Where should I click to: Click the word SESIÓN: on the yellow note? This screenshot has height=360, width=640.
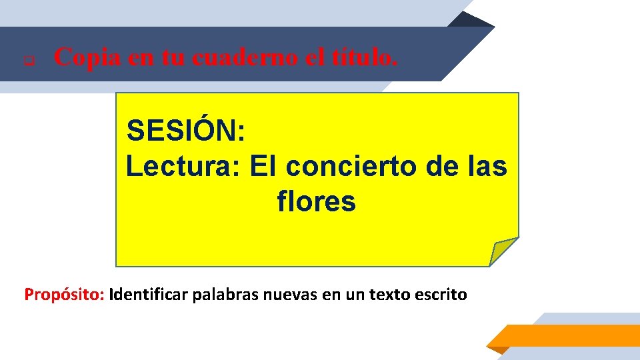click(x=187, y=131)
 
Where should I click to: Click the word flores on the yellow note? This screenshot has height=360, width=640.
click(x=316, y=201)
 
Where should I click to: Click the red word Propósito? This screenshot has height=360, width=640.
click(x=64, y=294)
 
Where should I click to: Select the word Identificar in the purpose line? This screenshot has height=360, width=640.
click(x=149, y=294)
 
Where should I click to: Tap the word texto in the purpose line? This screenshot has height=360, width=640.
click(x=388, y=294)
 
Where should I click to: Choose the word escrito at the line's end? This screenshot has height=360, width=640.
click(x=443, y=294)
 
